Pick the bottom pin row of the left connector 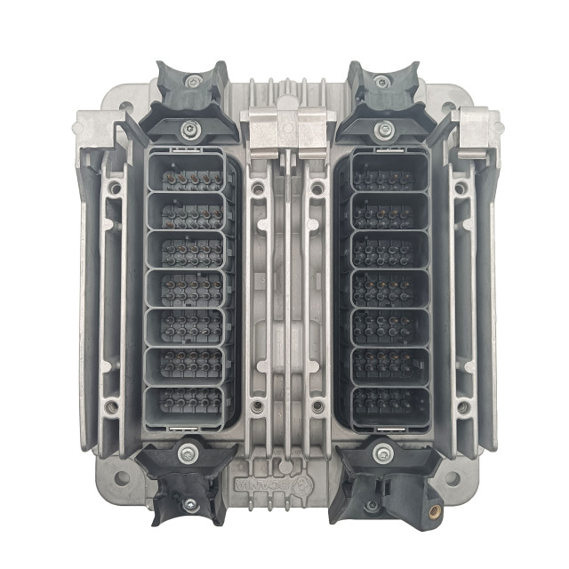pos(188,399)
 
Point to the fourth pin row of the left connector pos(188,287)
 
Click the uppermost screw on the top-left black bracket pos(193,82)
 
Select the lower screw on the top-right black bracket pos(384,130)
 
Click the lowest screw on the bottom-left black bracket pos(189,503)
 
